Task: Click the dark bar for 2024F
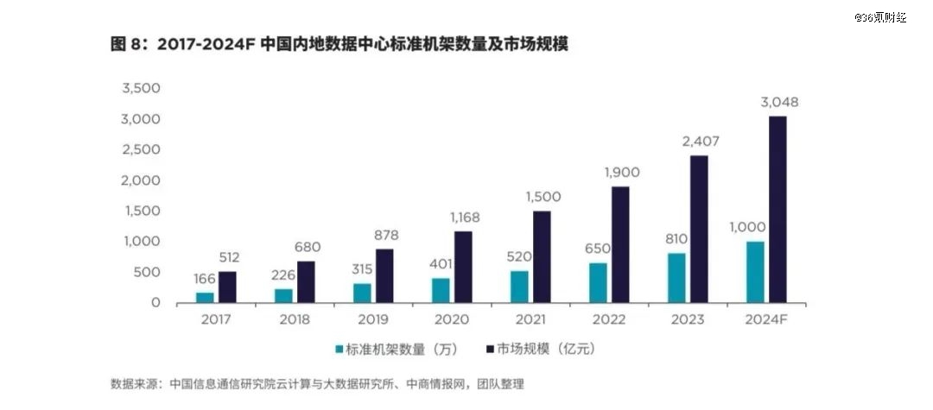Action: coord(777,210)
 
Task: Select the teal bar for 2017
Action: coord(205,298)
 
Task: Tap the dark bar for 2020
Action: coord(463,267)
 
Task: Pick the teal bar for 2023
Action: coord(676,278)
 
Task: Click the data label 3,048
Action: coord(779,103)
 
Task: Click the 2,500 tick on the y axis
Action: coord(142,149)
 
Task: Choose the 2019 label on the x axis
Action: coord(373,320)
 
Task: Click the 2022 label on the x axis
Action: coord(609,320)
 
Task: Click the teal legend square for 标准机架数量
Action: coord(340,350)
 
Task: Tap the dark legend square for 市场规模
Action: coord(491,350)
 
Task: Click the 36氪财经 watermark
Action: coord(880,16)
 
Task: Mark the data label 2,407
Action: coord(700,142)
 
